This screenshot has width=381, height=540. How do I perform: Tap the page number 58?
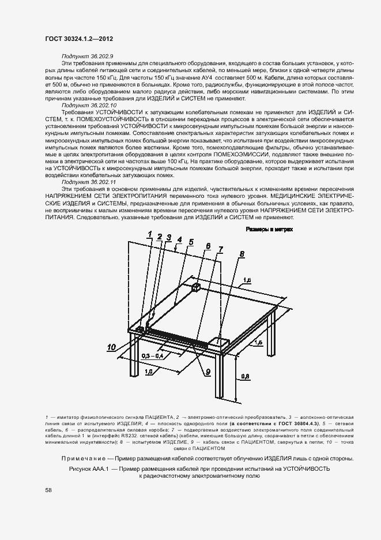point(48,490)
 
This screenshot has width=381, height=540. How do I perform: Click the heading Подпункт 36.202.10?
point(89,106)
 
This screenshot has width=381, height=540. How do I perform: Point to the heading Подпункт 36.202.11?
point(89,181)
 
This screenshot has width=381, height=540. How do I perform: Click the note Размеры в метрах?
point(269,230)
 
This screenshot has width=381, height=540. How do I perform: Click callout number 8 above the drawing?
point(242,253)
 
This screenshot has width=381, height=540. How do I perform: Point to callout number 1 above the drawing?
point(149,233)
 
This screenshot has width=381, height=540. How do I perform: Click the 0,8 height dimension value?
point(244,376)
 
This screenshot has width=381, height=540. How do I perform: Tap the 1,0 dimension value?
point(149,373)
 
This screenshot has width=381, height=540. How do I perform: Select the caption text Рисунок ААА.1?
point(88,469)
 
